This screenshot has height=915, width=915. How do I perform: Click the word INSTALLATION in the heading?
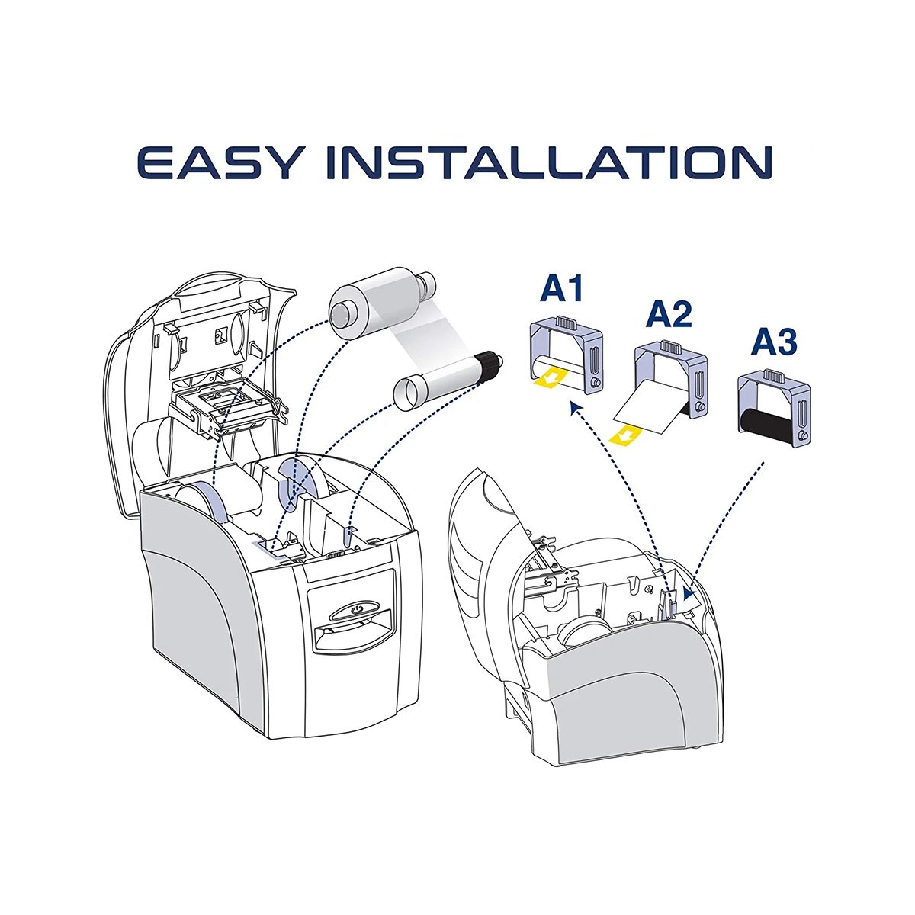pyautogui.click(x=550, y=162)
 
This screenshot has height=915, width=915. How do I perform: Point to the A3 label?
pyautogui.click(x=774, y=342)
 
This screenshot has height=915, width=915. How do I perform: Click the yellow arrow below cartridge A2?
pyautogui.click(x=626, y=435)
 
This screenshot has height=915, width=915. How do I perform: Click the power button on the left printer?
pyautogui.click(x=356, y=609)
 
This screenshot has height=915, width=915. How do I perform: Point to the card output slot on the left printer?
pyautogui.click(x=352, y=631)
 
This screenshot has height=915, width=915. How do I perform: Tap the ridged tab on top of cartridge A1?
pyautogui.click(x=566, y=322)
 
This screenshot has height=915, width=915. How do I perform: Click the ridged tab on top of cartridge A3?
pyautogui.click(x=775, y=376)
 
